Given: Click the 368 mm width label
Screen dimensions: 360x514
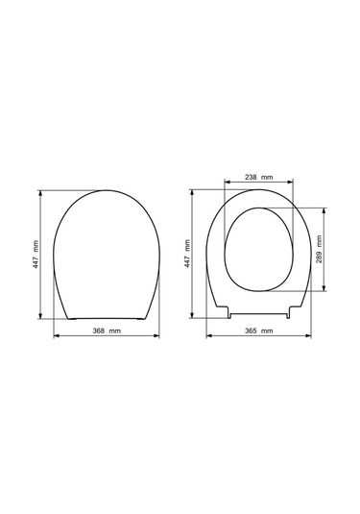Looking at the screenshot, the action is (107, 330).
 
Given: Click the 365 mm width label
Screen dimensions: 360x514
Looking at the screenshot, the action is (259, 330).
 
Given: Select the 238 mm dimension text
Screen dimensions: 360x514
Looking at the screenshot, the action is (259, 178).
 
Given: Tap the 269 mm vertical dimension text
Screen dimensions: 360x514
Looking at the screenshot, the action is (320, 249).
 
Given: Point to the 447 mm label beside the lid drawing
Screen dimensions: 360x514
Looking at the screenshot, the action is (36, 255).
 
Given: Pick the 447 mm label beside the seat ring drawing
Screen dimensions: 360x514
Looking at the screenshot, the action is (187, 254).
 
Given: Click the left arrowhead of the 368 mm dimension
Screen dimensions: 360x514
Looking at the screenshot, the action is (56, 335).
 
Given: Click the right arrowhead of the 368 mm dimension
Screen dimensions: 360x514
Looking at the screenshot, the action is (156, 335).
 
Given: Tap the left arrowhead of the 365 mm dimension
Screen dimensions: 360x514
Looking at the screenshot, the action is (209, 335).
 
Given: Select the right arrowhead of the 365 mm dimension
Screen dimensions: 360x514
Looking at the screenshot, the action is (308, 335).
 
